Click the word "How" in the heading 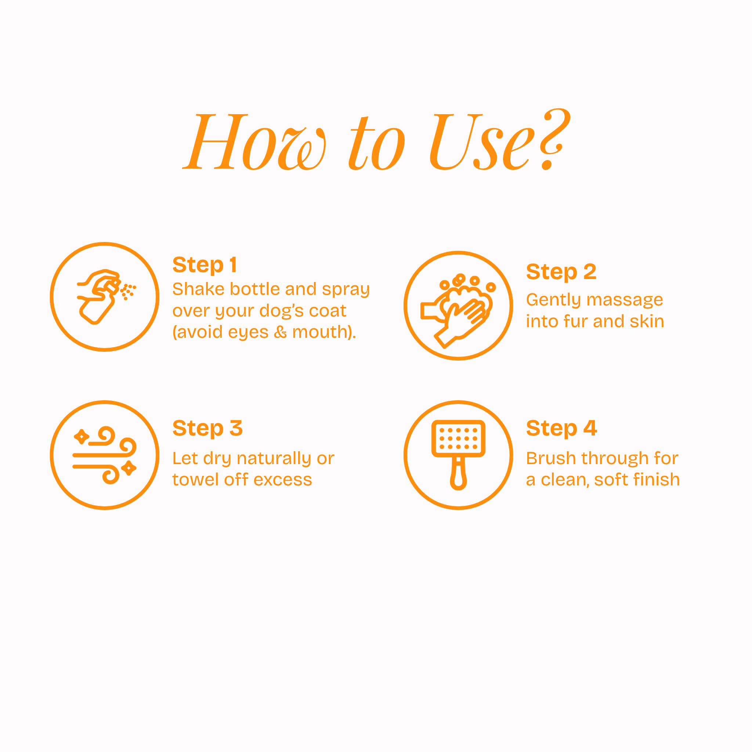(254, 142)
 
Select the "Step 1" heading (205, 265)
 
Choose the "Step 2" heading (561, 272)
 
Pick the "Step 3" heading (207, 429)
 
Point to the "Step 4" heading (561, 429)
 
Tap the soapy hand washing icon (458, 310)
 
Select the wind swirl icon (104, 455)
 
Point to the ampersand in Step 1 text (280, 332)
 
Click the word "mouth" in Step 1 (320, 332)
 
